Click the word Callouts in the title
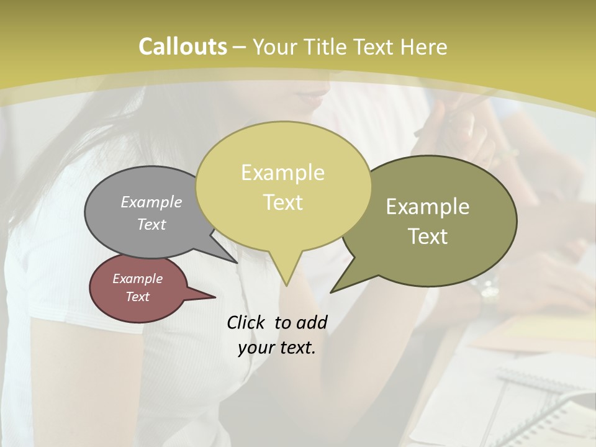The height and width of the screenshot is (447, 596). [183, 47]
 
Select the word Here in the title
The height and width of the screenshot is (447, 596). [424, 47]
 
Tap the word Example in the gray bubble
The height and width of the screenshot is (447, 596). [151, 202]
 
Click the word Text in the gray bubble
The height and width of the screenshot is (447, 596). [151, 224]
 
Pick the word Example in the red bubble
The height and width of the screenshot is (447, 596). [137, 279]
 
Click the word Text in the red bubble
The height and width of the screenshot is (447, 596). [137, 297]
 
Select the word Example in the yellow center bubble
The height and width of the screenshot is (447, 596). [282, 173]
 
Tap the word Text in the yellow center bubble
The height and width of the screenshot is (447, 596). [282, 202]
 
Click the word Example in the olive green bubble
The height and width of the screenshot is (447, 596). [428, 207]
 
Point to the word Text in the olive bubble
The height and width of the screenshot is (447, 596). [428, 237]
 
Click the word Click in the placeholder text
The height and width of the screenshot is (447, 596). [246, 322]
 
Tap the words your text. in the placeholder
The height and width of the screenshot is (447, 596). [277, 348]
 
